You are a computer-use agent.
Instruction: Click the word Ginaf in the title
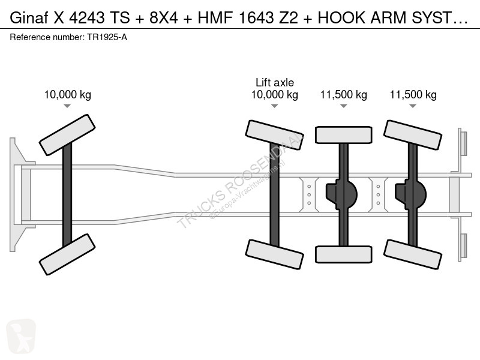point(29,18)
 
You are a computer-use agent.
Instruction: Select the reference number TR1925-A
point(107,37)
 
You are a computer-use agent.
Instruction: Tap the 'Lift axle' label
point(275,82)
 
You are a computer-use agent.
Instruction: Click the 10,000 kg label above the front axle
point(68,95)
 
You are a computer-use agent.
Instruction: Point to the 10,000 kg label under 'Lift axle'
point(275,95)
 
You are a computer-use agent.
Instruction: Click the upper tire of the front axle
point(67,135)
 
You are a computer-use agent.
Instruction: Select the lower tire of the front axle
point(67,254)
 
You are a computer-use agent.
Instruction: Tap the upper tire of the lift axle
point(275,135)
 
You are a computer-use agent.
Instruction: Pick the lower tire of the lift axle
point(275,254)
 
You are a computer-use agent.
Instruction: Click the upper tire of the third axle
point(344,135)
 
